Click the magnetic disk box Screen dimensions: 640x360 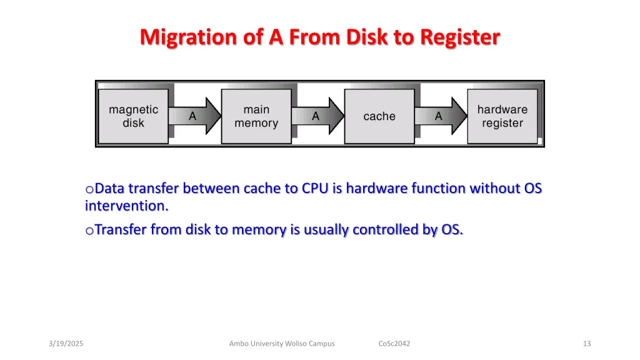(x=134, y=116)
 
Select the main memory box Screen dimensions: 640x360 (x=256, y=116)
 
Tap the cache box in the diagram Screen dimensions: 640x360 (x=379, y=116)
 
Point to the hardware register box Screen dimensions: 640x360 (x=502, y=116)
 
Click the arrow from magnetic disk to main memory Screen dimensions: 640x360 (x=195, y=116)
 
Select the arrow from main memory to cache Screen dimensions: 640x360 (x=318, y=116)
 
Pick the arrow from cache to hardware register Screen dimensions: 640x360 (x=441, y=116)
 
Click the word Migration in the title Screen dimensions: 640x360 (x=189, y=37)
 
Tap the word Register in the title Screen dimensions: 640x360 (x=460, y=37)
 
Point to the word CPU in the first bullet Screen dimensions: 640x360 (x=315, y=188)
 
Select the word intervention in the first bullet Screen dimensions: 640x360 (x=126, y=206)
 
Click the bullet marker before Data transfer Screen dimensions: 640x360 (x=89, y=189)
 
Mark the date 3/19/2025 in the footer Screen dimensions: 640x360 (x=66, y=344)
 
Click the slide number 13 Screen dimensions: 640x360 (x=587, y=344)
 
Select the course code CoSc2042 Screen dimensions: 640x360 (x=394, y=344)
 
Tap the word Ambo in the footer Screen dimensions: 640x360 (x=238, y=344)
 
